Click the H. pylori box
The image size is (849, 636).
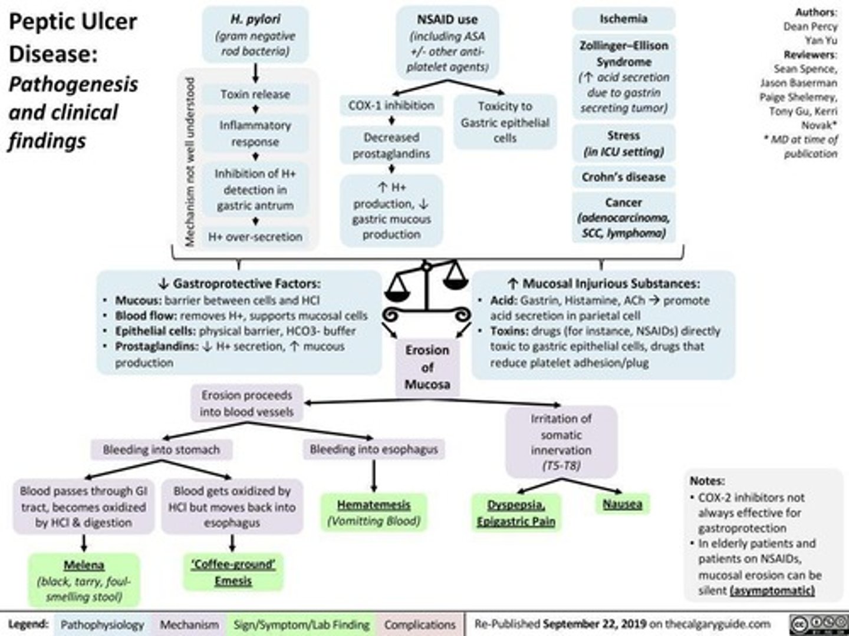(255, 35)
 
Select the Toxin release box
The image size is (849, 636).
(255, 94)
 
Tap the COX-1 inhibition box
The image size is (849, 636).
(391, 106)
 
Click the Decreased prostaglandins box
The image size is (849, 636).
(391, 145)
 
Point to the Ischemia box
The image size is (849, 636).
(623, 19)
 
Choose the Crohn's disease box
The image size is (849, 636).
(623, 177)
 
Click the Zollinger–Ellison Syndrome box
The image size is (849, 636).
(623, 77)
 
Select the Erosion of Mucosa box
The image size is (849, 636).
(427, 367)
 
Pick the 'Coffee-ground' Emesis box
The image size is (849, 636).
(233, 572)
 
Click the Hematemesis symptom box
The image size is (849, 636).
(374, 512)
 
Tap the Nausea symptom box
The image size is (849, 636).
(622, 504)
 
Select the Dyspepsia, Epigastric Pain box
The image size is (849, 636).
(516, 513)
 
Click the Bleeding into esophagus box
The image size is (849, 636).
(374, 449)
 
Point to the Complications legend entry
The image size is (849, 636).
(420, 624)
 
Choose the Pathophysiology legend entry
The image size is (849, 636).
(102, 624)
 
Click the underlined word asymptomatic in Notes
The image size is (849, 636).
(772, 591)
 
